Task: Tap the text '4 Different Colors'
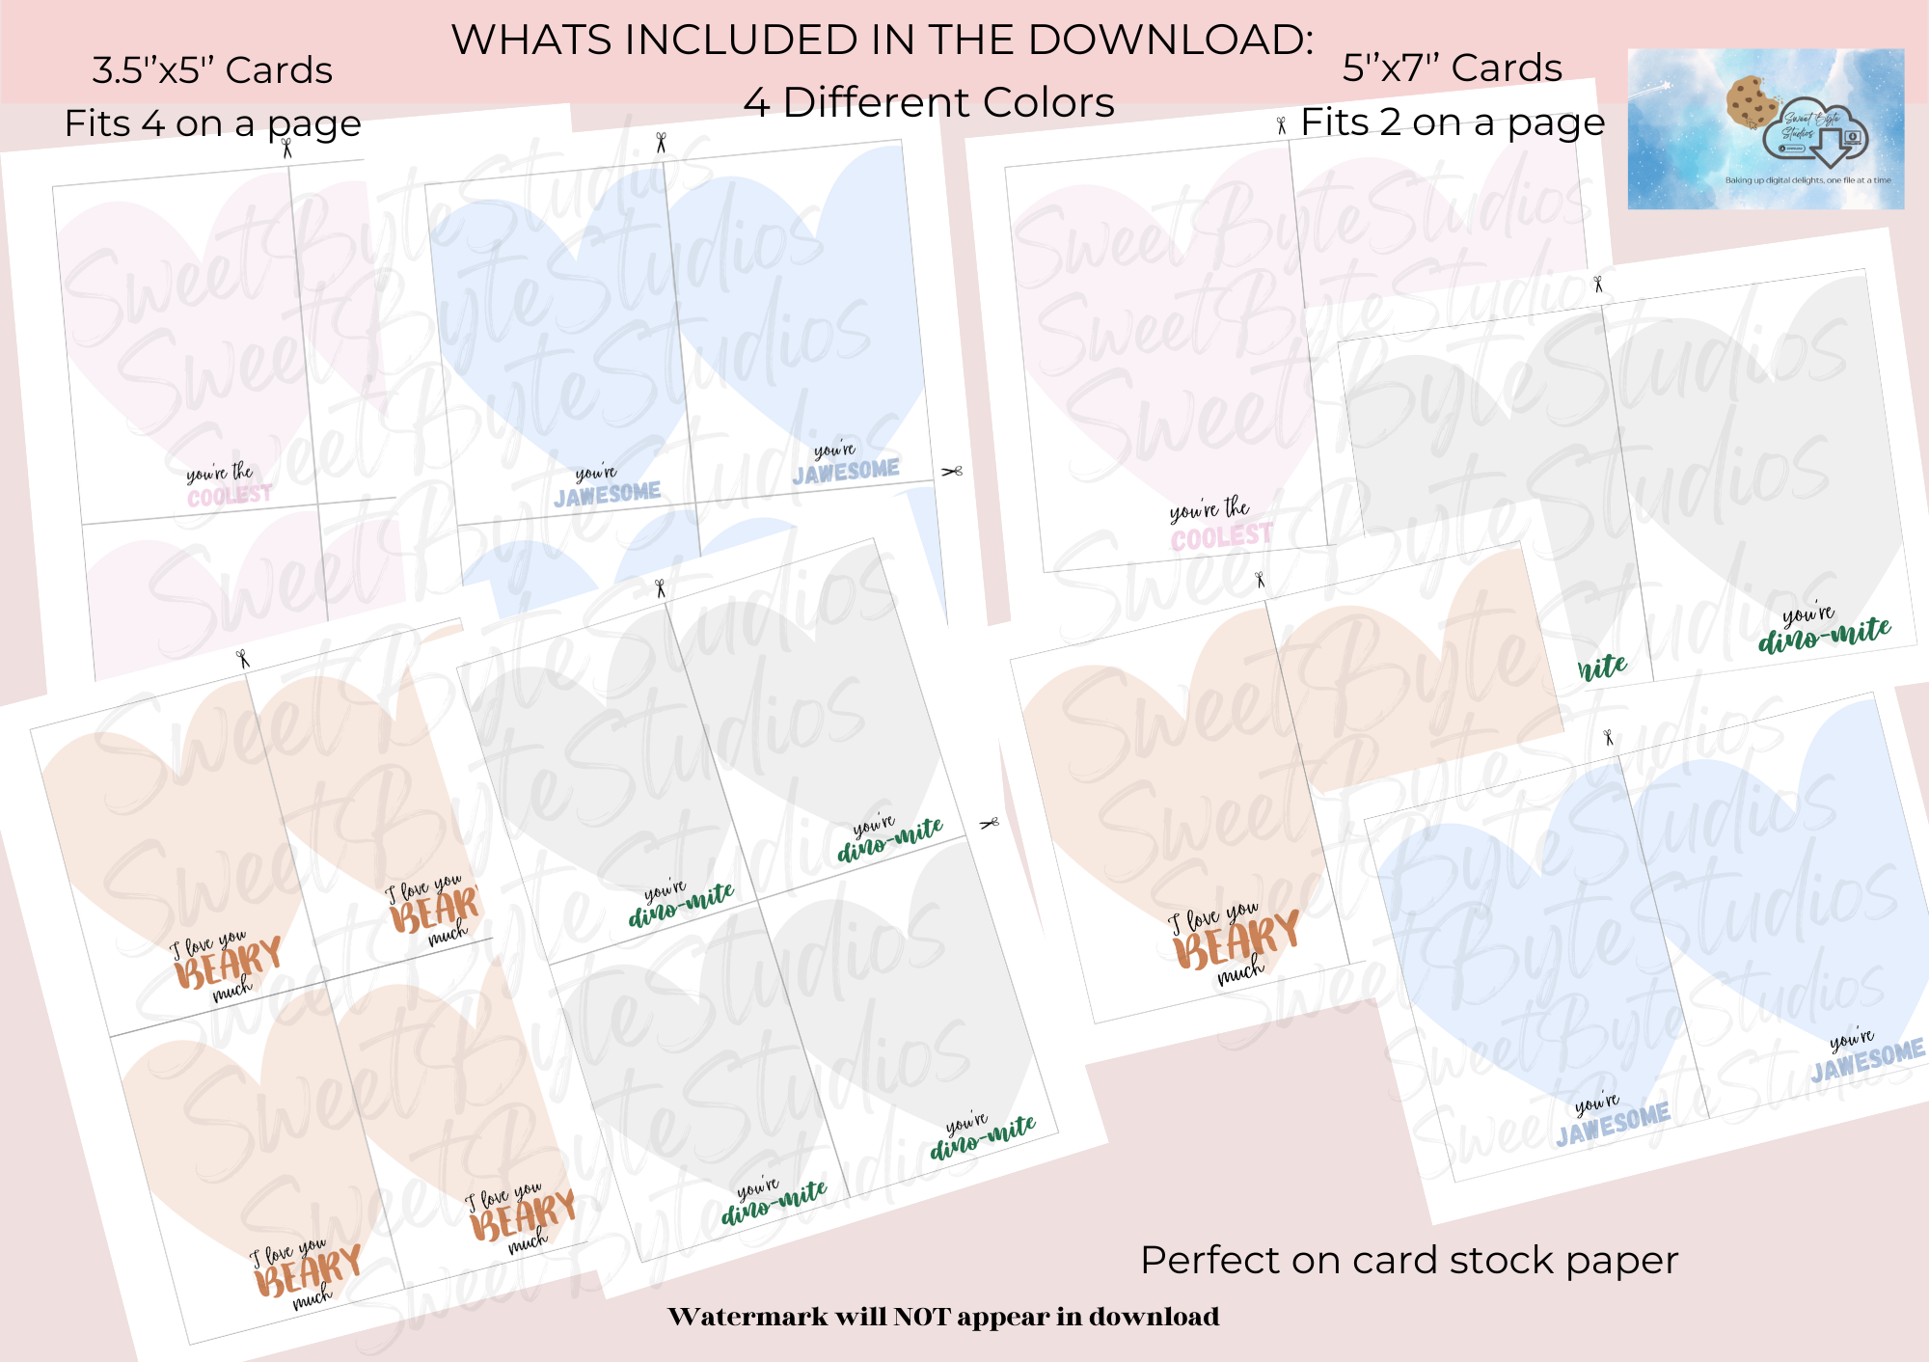[928, 102]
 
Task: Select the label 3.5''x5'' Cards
[212, 70]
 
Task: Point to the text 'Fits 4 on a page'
[212, 123]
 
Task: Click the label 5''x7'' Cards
[1452, 68]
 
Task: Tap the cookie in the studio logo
[1752, 100]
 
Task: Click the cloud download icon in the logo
[1817, 135]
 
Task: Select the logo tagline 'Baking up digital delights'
[1807, 180]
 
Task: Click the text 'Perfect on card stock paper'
[1409, 1260]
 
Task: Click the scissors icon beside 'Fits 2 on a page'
[1281, 125]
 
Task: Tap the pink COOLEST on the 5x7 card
[1221, 536]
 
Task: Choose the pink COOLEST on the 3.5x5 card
[230, 496]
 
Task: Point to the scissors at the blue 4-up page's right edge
[952, 471]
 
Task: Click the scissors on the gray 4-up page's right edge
[989, 823]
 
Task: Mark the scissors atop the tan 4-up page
[243, 659]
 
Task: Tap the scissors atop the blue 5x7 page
[1608, 737]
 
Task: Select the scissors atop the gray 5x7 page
[1598, 284]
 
